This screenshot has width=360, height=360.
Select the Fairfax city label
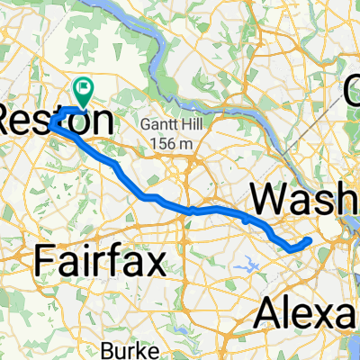click(x=100, y=262)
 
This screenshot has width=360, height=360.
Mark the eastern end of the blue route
click(x=309, y=239)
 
